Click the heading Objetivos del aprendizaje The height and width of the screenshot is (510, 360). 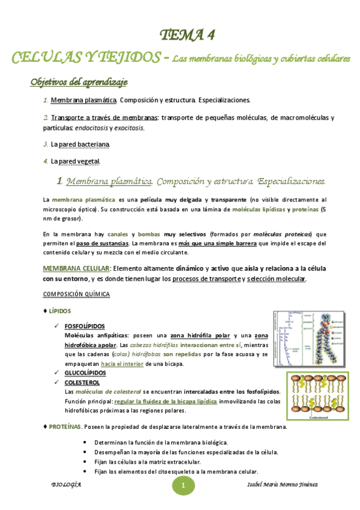click(79, 82)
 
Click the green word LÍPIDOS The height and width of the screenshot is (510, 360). click(59, 311)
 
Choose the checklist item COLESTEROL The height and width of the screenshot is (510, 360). click(82, 382)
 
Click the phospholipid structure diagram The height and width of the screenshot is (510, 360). click(310, 339)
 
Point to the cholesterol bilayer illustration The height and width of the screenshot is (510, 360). click(316, 397)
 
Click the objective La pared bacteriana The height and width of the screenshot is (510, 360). click(80, 144)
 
